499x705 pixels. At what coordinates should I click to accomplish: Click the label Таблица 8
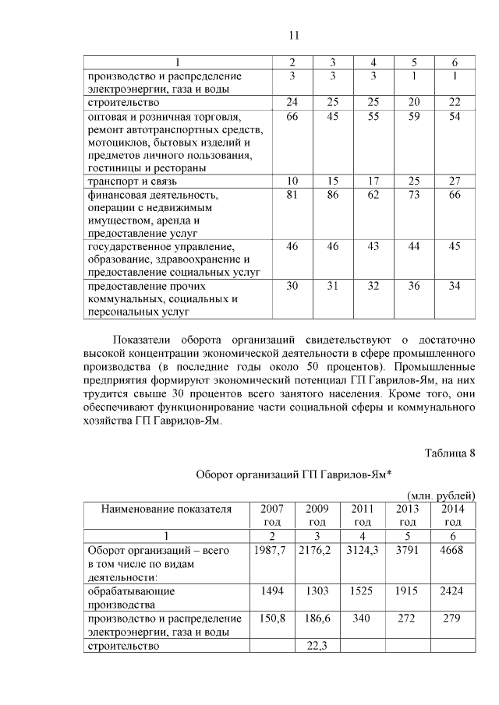coord(450,453)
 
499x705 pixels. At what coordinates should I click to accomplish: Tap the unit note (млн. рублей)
coord(442,495)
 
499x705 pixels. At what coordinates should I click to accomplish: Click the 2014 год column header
coord(452,515)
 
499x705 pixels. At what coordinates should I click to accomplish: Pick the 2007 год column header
coord(271,515)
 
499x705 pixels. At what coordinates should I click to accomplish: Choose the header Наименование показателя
coord(166,509)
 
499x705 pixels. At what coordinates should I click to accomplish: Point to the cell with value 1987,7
coord(271,550)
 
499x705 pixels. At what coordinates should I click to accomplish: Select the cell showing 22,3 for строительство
coord(317,646)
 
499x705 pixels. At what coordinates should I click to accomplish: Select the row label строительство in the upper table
coord(124,103)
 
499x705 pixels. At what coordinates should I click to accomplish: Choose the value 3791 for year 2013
coord(408,550)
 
